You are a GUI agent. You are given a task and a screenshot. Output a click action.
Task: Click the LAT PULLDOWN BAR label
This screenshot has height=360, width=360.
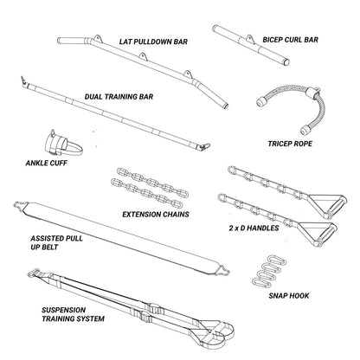tap(153, 42)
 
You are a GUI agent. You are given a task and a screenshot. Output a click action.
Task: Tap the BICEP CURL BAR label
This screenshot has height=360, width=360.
tap(290, 40)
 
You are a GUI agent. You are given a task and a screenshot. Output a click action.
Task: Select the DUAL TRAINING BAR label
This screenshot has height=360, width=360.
tap(119, 97)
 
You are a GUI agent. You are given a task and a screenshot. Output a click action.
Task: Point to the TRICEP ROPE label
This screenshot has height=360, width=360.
tap(290, 144)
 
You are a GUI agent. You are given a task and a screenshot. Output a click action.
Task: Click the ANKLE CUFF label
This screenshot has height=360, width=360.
tap(47, 163)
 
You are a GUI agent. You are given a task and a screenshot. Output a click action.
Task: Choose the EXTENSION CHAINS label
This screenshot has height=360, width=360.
tap(156, 215)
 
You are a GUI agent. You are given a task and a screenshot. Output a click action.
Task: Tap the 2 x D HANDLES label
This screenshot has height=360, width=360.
tap(254, 228)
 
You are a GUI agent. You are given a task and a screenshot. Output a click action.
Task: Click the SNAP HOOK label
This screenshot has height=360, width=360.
tap(289, 296)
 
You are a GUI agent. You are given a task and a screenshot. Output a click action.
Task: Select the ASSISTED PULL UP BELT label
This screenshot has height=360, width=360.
tap(56, 242)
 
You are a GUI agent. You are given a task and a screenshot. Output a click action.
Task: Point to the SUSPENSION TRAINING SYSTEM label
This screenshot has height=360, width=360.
tap(73, 314)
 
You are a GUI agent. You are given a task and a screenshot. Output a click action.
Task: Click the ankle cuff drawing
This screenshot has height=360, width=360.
tap(62, 145)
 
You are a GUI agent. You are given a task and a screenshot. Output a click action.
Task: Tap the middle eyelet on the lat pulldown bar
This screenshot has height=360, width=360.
tap(143, 56)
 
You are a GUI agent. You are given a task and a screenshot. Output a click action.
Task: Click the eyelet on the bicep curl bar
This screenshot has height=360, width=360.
tap(250, 40)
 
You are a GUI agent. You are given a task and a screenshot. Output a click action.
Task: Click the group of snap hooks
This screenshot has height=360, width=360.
tap(269, 270)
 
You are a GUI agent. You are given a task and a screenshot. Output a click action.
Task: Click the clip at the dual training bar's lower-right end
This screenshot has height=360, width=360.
tap(204, 147)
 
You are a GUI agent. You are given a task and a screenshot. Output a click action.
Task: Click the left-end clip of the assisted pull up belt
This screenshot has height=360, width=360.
tap(20, 204)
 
